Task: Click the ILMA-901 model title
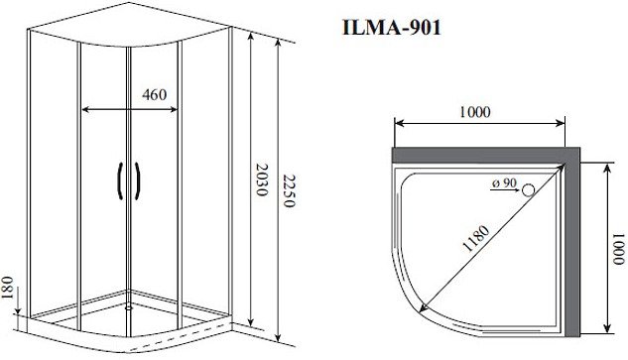pyautogui.click(x=391, y=28)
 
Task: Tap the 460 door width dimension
pyautogui.click(x=154, y=95)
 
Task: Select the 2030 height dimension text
pyautogui.click(x=261, y=180)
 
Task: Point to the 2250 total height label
pyautogui.click(x=289, y=190)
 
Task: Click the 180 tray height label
pyautogui.click(x=8, y=288)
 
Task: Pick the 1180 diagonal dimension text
pyautogui.click(x=476, y=239)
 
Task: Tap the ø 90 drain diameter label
pyautogui.click(x=504, y=183)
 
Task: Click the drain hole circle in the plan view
pyautogui.click(x=529, y=189)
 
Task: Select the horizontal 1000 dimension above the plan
pyautogui.click(x=474, y=112)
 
